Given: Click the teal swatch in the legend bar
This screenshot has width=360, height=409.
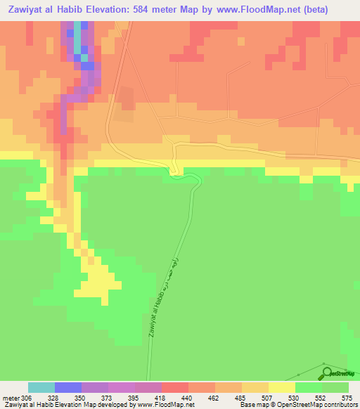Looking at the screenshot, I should tap(41, 387).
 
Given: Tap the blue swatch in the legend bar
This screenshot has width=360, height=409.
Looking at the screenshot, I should tap(68, 387).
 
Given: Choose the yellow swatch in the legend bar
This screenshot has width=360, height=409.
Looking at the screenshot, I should tap(282, 387).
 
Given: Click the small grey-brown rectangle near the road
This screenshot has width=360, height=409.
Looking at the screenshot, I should tap(126, 98).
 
